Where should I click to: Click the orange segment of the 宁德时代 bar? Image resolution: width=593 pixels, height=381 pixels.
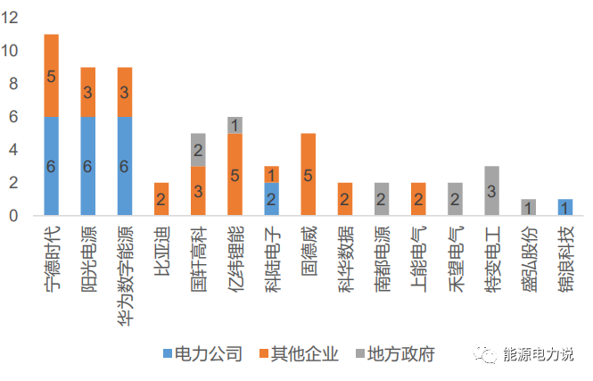pos(51,76)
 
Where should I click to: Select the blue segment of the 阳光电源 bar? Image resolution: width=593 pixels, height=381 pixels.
pos(88,166)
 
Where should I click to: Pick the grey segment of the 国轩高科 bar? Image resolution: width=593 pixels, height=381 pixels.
pos(198,150)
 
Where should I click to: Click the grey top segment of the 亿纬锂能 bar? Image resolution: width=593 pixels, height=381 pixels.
pos(235,125)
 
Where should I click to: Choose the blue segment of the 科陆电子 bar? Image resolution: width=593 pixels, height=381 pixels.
pos(271,199)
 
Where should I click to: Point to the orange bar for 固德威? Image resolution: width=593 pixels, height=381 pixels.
pos(308,175)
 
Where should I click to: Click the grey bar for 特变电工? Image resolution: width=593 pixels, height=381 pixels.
pos(491,191)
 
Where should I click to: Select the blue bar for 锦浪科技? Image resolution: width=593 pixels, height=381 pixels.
pos(564,207)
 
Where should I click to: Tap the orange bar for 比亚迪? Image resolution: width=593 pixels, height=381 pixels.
pos(161,199)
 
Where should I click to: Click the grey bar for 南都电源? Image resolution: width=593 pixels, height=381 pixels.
pos(381,199)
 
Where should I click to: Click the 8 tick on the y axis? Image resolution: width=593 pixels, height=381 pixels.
pos(13,84)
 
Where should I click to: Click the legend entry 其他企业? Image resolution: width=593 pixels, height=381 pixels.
pos(303,354)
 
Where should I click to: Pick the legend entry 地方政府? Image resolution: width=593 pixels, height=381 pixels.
pos(399,354)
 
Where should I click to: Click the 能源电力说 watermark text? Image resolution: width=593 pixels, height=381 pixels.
pos(539,354)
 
